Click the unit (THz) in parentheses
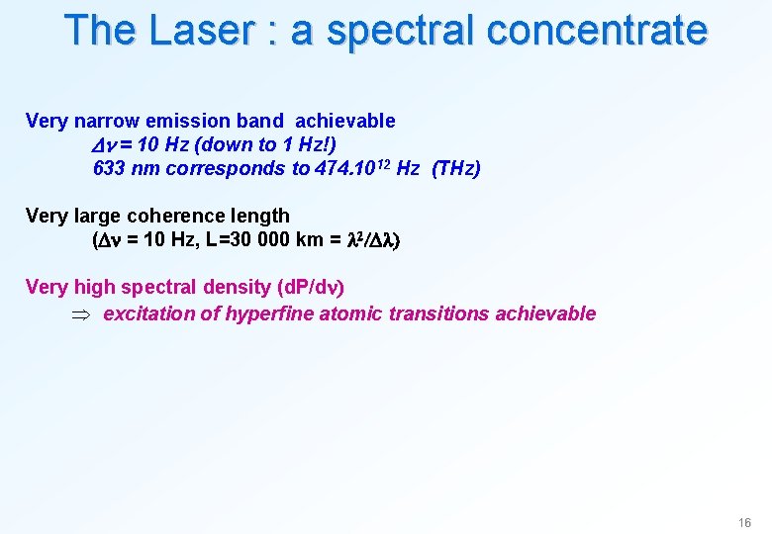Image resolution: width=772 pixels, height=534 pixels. (x=455, y=168)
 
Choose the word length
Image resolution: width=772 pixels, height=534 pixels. (x=258, y=216)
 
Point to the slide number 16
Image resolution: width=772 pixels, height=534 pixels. (x=744, y=522)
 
